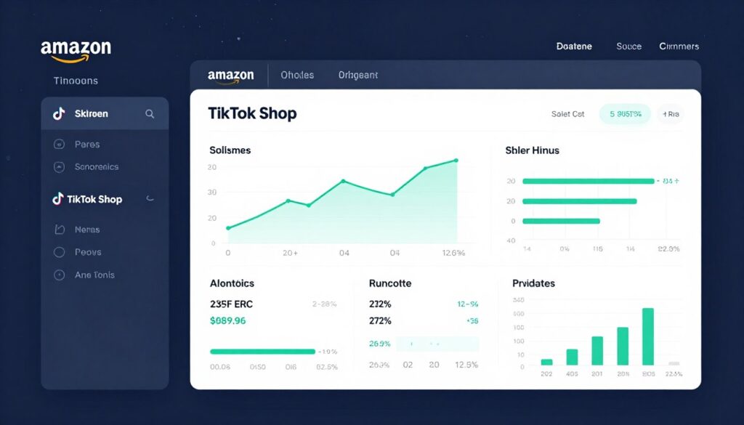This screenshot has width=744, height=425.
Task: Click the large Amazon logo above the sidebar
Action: coord(76,50)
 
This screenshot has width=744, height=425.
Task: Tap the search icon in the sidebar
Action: coord(150,113)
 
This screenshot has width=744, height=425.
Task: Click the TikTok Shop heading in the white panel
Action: coord(252,113)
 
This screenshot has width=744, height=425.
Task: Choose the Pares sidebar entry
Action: coord(87,144)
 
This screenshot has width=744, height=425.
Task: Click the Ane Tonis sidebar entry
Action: coord(94,275)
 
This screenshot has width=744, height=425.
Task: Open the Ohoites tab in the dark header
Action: coord(297,75)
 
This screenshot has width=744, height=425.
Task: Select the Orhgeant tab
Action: coord(357,75)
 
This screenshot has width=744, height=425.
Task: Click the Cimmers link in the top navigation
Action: coord(679,46)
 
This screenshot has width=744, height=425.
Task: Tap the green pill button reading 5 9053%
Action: coord(625,114)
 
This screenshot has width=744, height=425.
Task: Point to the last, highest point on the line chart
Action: coord(456,160)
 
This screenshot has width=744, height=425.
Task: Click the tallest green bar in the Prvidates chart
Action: coord(648,336)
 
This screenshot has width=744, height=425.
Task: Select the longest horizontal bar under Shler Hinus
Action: coord(588,181)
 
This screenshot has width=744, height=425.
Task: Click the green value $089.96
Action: coord(227,320)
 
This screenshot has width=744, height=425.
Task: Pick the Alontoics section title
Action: coord(232,283)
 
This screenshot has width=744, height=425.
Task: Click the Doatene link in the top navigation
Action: coord(574,46)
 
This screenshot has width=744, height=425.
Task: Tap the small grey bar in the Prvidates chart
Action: coord(674,363)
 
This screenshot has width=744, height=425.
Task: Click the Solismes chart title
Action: coord(230,150)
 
